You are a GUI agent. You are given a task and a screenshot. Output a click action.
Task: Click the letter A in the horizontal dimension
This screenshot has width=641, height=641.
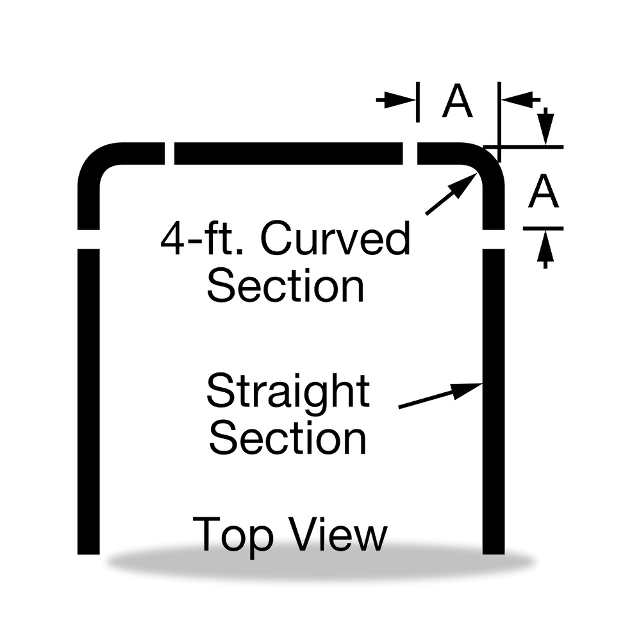(x=458, y=101)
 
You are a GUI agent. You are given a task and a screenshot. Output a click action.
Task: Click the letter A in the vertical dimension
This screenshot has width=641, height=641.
(x=544, y=190)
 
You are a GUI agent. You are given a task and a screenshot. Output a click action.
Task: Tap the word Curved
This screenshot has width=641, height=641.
(x=335, y=238)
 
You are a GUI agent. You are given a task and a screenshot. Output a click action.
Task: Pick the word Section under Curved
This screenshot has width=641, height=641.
(x=285, y=285)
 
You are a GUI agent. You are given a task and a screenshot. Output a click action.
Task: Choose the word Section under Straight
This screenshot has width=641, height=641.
(x=288, y=438)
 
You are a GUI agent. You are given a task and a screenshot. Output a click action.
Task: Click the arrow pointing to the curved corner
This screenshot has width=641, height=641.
(x=452, y=194)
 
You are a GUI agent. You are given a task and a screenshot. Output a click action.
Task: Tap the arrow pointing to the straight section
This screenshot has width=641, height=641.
(x=441, y=395)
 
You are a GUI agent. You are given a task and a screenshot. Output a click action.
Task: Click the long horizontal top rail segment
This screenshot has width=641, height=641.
(x=288, y=153)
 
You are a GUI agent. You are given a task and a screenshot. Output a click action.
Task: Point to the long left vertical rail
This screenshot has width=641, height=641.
(x=88, y=401)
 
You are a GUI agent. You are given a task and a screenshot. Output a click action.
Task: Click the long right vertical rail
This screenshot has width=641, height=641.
(x=494, y=401)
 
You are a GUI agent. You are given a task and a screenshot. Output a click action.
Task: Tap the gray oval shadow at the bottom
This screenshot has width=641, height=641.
(x=321, y=563)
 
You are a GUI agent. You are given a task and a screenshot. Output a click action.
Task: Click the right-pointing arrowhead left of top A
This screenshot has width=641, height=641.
(x=400, y=100)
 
